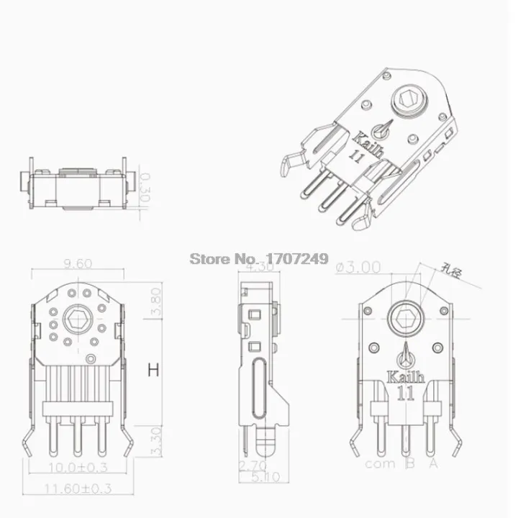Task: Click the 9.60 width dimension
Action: [x=77, y=264]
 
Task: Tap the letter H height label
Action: [x=153, y=371]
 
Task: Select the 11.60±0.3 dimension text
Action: [x=77, y=489]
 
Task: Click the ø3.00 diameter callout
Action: [x=358, y=267]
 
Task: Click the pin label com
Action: [x=380, y=464]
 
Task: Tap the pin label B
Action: [x=409, y=464]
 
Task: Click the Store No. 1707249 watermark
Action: [x=258, y=258]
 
